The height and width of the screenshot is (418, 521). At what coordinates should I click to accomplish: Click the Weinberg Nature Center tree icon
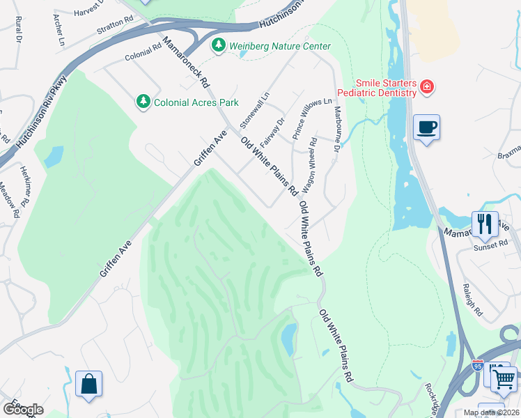(219, 45)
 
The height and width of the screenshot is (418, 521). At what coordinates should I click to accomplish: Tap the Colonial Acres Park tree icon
(143, 102)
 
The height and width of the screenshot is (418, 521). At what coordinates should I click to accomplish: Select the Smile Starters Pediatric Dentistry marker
(426, 87)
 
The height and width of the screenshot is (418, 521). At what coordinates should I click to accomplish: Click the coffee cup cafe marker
(426, 127)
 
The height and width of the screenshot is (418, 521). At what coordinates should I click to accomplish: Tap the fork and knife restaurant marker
(485, 224)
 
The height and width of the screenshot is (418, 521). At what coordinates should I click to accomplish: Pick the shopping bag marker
(88, 383)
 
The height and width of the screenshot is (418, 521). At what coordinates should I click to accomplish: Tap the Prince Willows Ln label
(312, 119)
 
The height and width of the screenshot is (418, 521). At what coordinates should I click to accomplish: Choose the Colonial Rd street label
(143, 50)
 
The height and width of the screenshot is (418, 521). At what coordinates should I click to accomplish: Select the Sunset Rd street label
(492, 245)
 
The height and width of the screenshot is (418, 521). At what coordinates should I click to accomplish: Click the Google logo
(23, 409)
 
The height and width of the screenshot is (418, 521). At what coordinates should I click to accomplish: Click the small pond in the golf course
(287, 339)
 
